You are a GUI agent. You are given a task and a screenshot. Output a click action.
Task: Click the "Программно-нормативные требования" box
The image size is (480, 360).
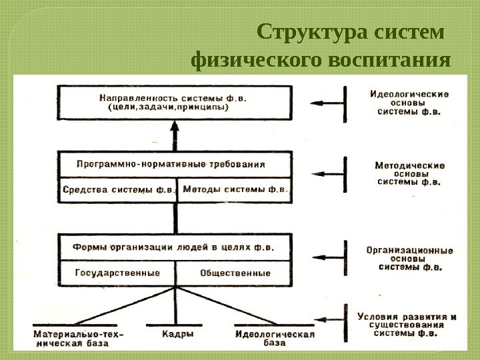coord(175,164)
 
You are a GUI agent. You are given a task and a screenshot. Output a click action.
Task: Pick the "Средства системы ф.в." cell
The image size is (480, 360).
coord(119,189)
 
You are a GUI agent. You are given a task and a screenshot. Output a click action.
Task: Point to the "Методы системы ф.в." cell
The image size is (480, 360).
coord(235,189)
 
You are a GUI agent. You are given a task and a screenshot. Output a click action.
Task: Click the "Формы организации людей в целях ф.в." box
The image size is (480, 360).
coord(175,246)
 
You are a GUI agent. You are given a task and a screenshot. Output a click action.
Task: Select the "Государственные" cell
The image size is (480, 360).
coord(117,273)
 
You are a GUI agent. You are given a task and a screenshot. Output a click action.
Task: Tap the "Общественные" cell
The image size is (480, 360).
coord(235,273)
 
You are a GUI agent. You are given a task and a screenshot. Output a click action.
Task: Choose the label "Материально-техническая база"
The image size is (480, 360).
coord(79,337)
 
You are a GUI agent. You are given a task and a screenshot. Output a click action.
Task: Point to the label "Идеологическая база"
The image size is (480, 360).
coord(275,337)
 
